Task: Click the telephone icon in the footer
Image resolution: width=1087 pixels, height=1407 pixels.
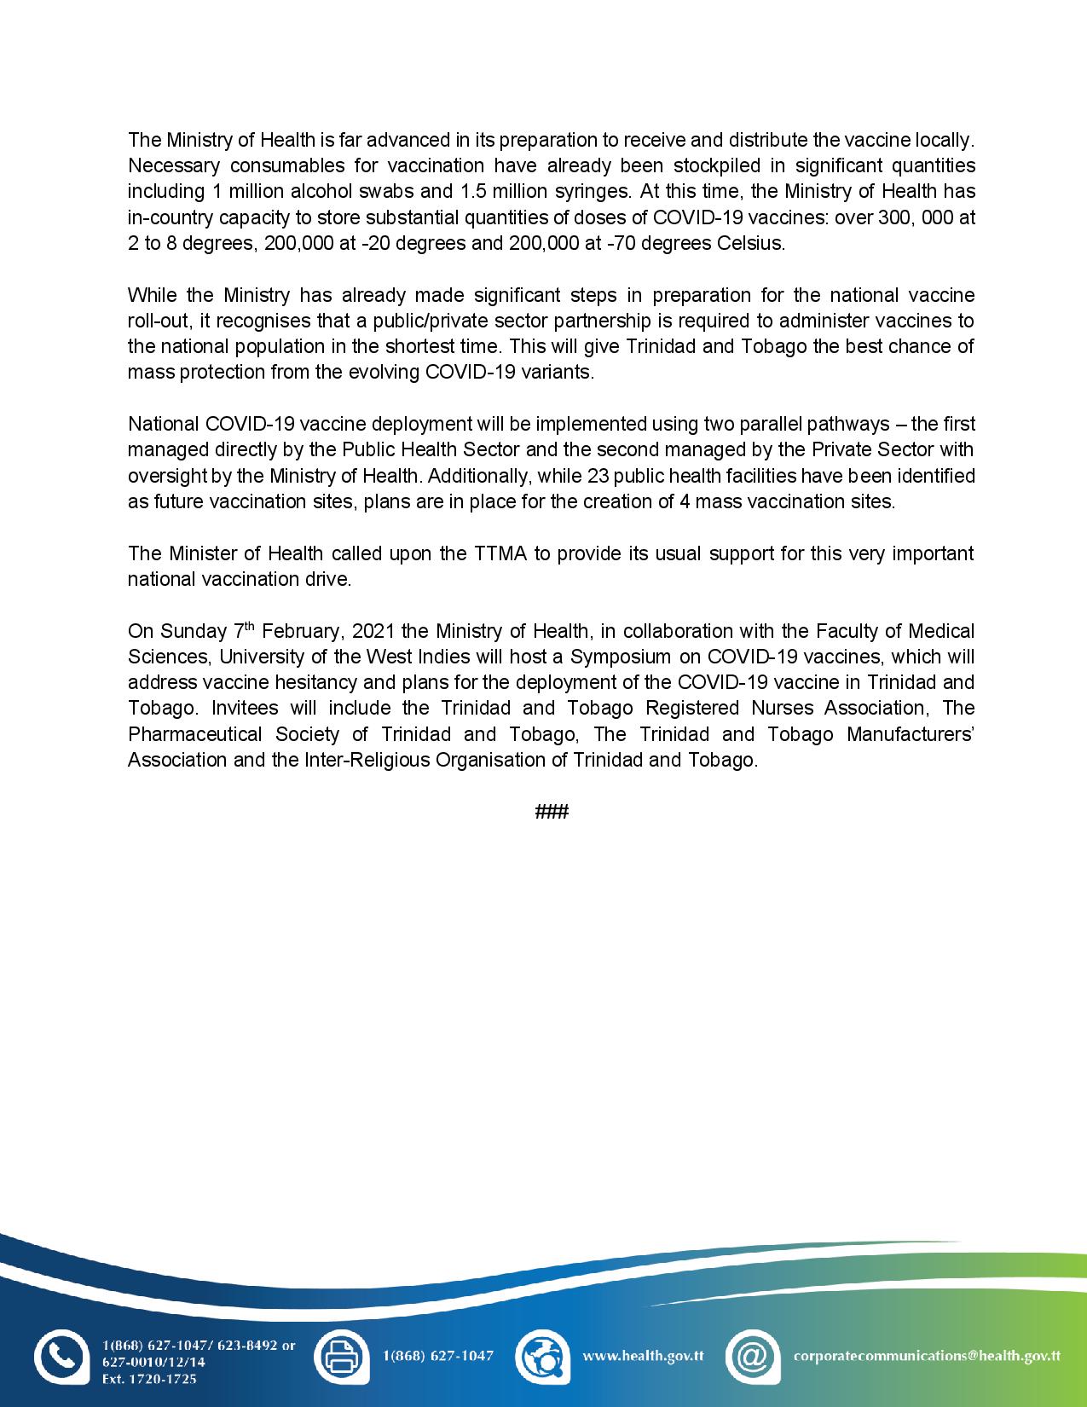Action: (x=61, y=1356)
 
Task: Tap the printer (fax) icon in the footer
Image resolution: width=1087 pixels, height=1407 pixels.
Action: (x=341, y=1356)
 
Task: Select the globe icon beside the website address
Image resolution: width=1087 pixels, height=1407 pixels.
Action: (x=542, y=1356)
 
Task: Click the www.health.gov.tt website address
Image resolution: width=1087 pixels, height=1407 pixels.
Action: (x=643, y=1356)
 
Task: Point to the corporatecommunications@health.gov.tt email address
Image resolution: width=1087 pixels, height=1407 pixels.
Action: (x=927, y=1356)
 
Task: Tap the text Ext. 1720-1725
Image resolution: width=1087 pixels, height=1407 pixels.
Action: (x=149, y=1379)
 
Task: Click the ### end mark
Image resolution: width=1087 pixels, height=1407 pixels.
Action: (x=552, y=812)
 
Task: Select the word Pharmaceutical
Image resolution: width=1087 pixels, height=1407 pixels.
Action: (x=194, y=734)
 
